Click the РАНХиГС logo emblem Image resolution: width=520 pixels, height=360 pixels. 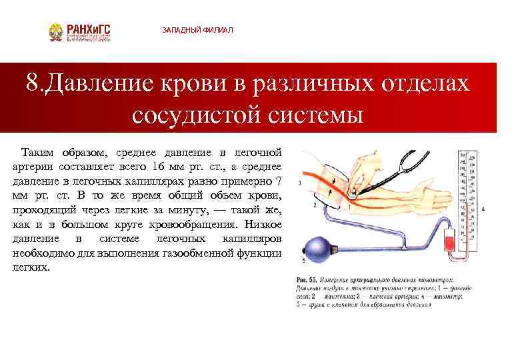[x=56, y=33]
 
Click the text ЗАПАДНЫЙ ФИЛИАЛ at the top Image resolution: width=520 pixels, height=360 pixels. [x=197, y=31]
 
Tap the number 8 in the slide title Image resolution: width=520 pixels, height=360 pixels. [x=33, y=85]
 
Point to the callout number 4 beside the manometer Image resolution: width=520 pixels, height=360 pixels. [x=482, y=209]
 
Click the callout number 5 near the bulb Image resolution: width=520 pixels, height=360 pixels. [x=303, y=260]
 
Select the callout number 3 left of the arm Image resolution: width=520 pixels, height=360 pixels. [x=301, y=181]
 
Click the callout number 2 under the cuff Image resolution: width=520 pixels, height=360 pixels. [x=313, y=206]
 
